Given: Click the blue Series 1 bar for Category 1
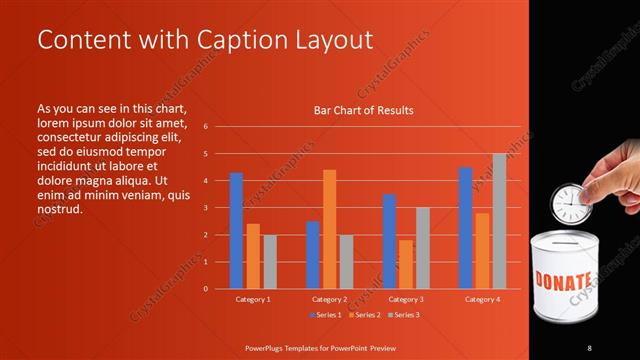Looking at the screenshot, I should (236, 231).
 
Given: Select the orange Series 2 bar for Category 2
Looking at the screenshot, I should (330, 229).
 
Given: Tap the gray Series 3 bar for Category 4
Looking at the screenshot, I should (499, 221).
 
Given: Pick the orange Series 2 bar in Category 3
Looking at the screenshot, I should (405, 264).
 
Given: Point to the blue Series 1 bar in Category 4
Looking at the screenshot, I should (465, 228).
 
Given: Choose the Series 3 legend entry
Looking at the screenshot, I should (404, 315).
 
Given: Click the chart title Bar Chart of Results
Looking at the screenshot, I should (363, 110).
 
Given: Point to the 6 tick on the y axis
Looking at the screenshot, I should (205, 127).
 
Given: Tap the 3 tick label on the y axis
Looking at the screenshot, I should (205, 208).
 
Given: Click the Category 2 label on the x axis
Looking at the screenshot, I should (329, 299).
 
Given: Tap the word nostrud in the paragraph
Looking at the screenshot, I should (58, 210).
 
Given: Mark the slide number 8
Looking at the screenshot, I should (589, 347).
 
